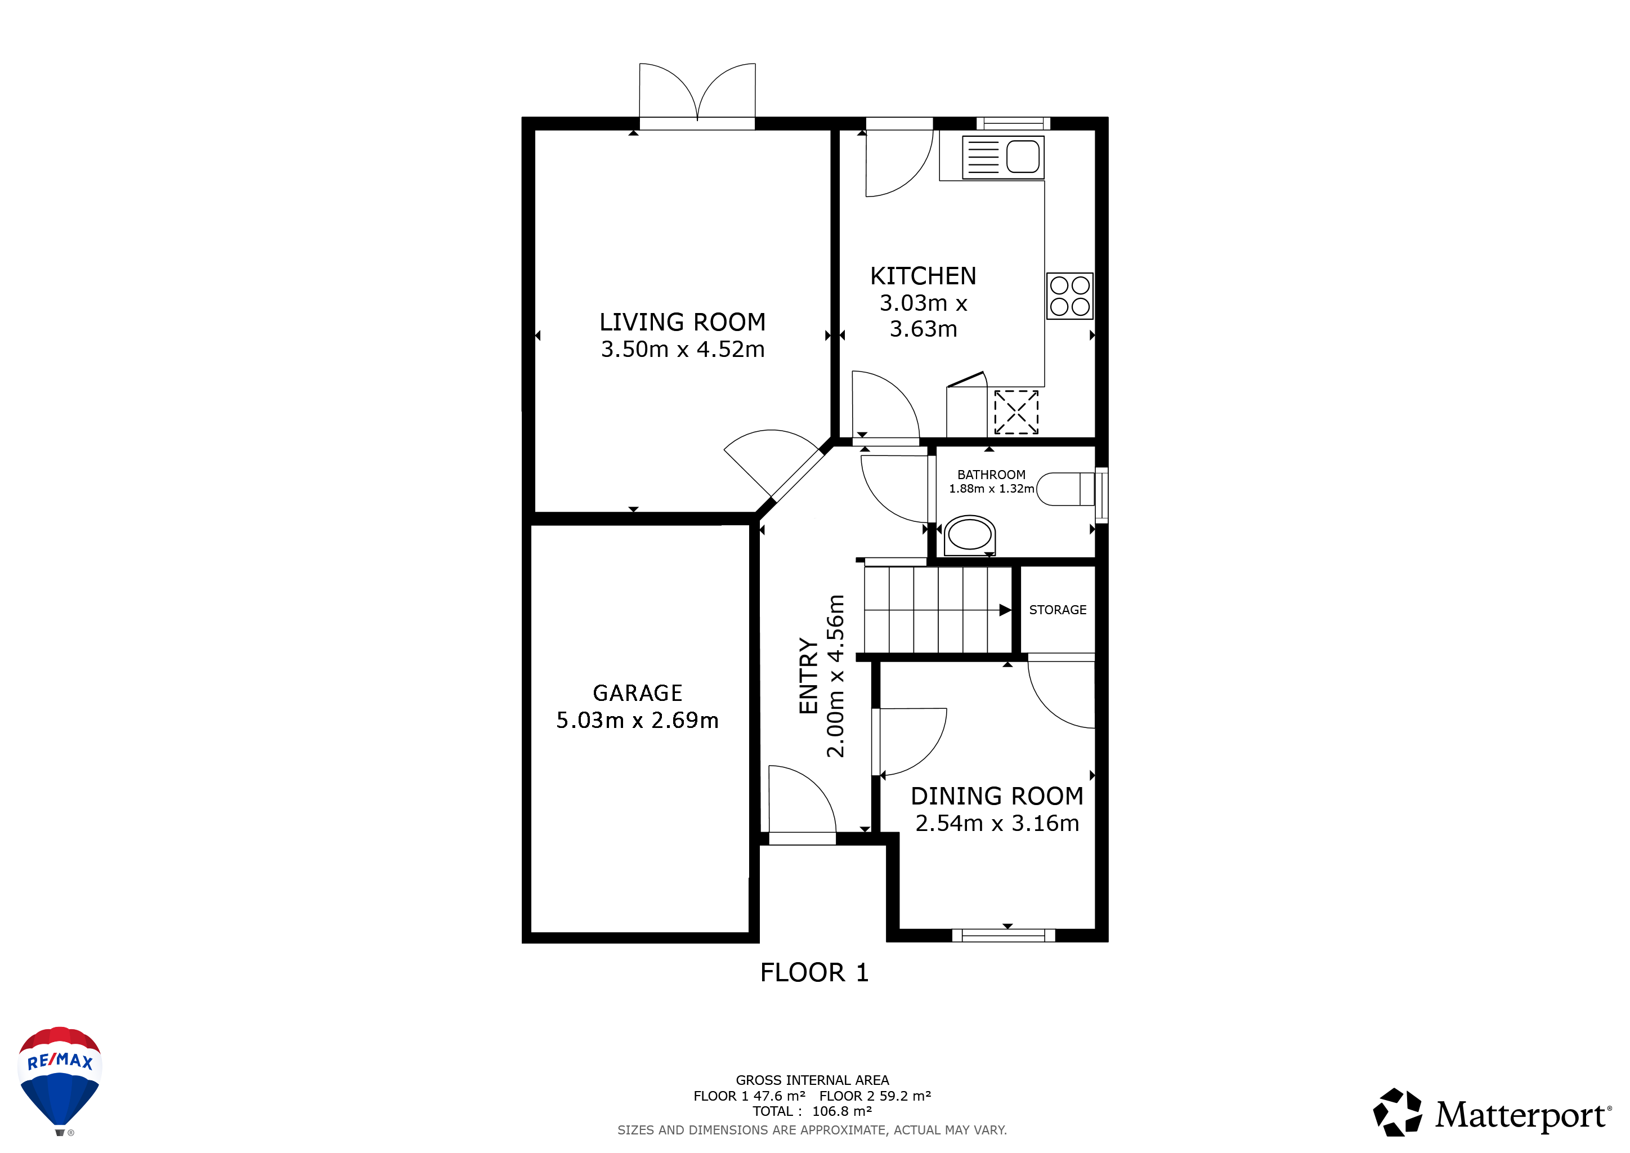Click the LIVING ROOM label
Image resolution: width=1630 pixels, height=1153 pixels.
click(682, 323)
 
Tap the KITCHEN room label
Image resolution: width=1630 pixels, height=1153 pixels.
click(923, 276)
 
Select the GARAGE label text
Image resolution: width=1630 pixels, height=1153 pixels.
click(638, 693)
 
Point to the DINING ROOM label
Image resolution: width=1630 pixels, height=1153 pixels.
click(997, 797)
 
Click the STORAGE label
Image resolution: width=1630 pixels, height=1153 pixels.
click(1058, 610)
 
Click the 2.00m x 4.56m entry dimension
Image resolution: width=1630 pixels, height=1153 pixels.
click(836, 676)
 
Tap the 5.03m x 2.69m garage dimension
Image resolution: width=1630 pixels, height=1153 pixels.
click(638, 721)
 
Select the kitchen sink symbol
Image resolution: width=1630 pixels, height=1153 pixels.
click(1003, 157)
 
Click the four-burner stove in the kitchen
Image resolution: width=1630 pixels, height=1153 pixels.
click(1070, 296)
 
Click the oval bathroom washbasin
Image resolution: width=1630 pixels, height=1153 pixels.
click(970, 535)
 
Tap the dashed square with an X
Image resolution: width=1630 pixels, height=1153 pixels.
click(1016, 412)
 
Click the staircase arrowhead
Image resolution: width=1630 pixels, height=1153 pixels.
click(1005, 610)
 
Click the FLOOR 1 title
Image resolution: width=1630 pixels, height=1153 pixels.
click(814, 973)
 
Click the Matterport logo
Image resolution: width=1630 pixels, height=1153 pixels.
click(1492, 1112)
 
